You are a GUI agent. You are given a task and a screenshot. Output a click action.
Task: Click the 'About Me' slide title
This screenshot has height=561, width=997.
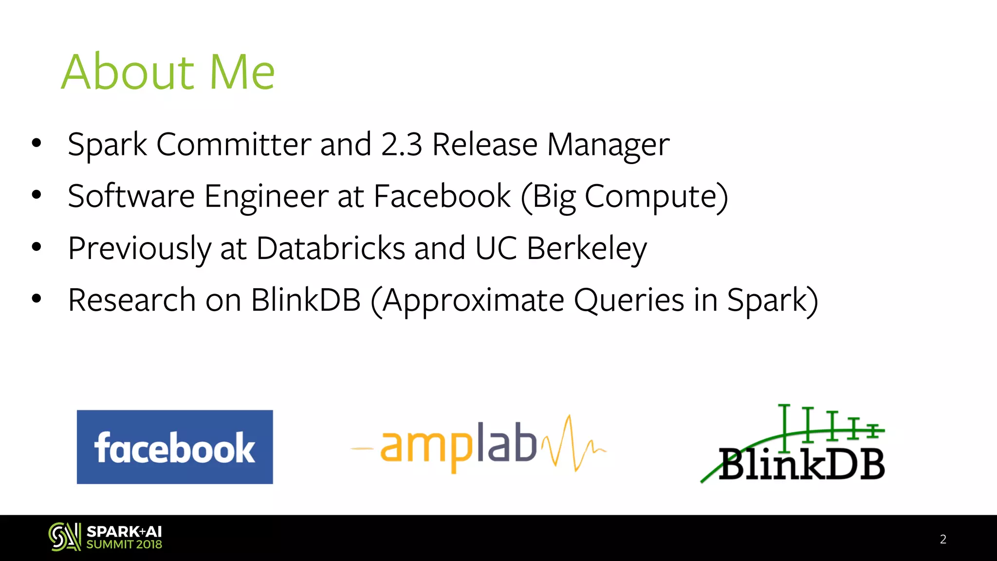point(168,72)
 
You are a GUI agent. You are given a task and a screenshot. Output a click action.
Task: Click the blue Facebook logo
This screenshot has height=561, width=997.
point(175,447)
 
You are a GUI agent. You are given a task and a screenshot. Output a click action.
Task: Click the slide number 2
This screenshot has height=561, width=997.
point(943,539)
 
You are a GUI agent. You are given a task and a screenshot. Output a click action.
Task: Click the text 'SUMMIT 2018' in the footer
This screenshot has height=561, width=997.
point(124,544)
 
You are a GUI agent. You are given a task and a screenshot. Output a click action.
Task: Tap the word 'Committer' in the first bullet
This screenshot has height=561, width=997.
point(234,145)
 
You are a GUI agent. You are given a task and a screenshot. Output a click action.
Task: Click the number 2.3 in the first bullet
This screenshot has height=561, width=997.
point(402,145)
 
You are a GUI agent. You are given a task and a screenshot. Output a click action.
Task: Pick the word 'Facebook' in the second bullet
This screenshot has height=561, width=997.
point(442,196)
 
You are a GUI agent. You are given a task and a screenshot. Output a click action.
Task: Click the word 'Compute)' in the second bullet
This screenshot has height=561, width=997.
point(656,197)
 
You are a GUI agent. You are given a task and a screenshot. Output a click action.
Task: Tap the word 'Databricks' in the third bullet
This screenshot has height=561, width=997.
point(331,248)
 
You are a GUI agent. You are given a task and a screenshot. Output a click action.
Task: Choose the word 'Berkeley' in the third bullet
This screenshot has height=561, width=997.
point(587,249)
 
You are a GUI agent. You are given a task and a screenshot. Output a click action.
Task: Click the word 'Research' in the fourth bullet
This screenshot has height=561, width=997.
point(132,300)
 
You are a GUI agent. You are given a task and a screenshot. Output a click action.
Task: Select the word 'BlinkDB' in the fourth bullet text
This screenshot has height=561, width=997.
point(306,300)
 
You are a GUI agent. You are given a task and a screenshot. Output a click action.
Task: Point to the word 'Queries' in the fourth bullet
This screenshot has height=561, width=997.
point(629,300)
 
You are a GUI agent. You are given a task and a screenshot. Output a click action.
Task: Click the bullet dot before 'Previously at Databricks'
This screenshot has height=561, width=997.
point(37,247)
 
